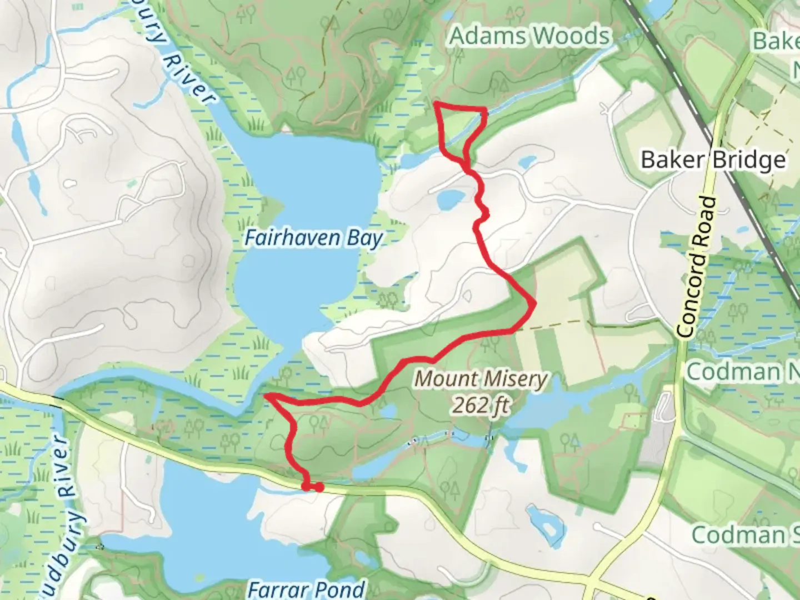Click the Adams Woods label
529,36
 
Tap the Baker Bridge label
713,160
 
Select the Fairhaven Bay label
314,238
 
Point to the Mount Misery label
481,379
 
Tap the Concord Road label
697,267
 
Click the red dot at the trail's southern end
319,487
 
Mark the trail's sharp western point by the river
267,396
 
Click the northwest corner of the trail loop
436,104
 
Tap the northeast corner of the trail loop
486,110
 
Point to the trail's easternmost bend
534,303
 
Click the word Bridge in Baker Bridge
749,160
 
